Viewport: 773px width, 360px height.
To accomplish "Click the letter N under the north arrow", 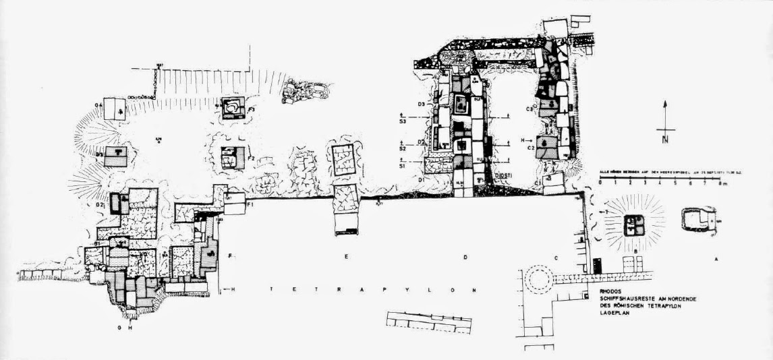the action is (665, 140).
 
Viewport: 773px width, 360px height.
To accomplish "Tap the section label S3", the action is (402, 121).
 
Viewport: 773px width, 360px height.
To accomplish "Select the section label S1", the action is (402, 164).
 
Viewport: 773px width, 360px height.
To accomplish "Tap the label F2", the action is (250, 158).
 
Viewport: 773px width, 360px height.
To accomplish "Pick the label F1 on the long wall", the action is (249, 204).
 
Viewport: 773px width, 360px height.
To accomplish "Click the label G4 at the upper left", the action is (98, 105).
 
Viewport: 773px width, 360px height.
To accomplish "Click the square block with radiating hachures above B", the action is (633, 224).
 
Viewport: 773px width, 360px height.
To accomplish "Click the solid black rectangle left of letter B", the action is (598, 265).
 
